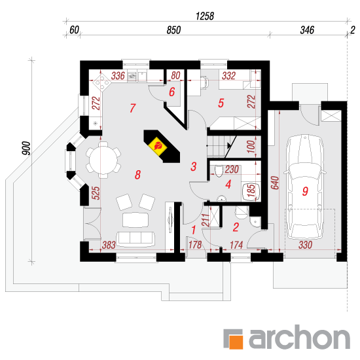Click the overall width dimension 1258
[x=205, y=16]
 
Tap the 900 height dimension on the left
[x=26, y=148]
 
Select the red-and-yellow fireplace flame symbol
[x=158, y=146]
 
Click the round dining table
[x=103, y=160]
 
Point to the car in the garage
[x=305, y=187]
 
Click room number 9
[x=305, y=191]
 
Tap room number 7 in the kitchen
[x=133, y=108]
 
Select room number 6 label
[x=172, y=92]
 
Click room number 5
[x=221, y=103]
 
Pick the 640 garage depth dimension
[x=275, y=183]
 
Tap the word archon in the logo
[x=300, y=338]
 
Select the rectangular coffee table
[x=135, y=220]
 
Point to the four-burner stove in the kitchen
[x=101, y=82]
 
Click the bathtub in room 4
[x=251, y=192]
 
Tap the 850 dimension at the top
[x=173, y=30]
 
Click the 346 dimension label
[x=307, y=30]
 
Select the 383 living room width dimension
[x=109, y=245]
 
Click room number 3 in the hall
[x=193, y=167]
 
